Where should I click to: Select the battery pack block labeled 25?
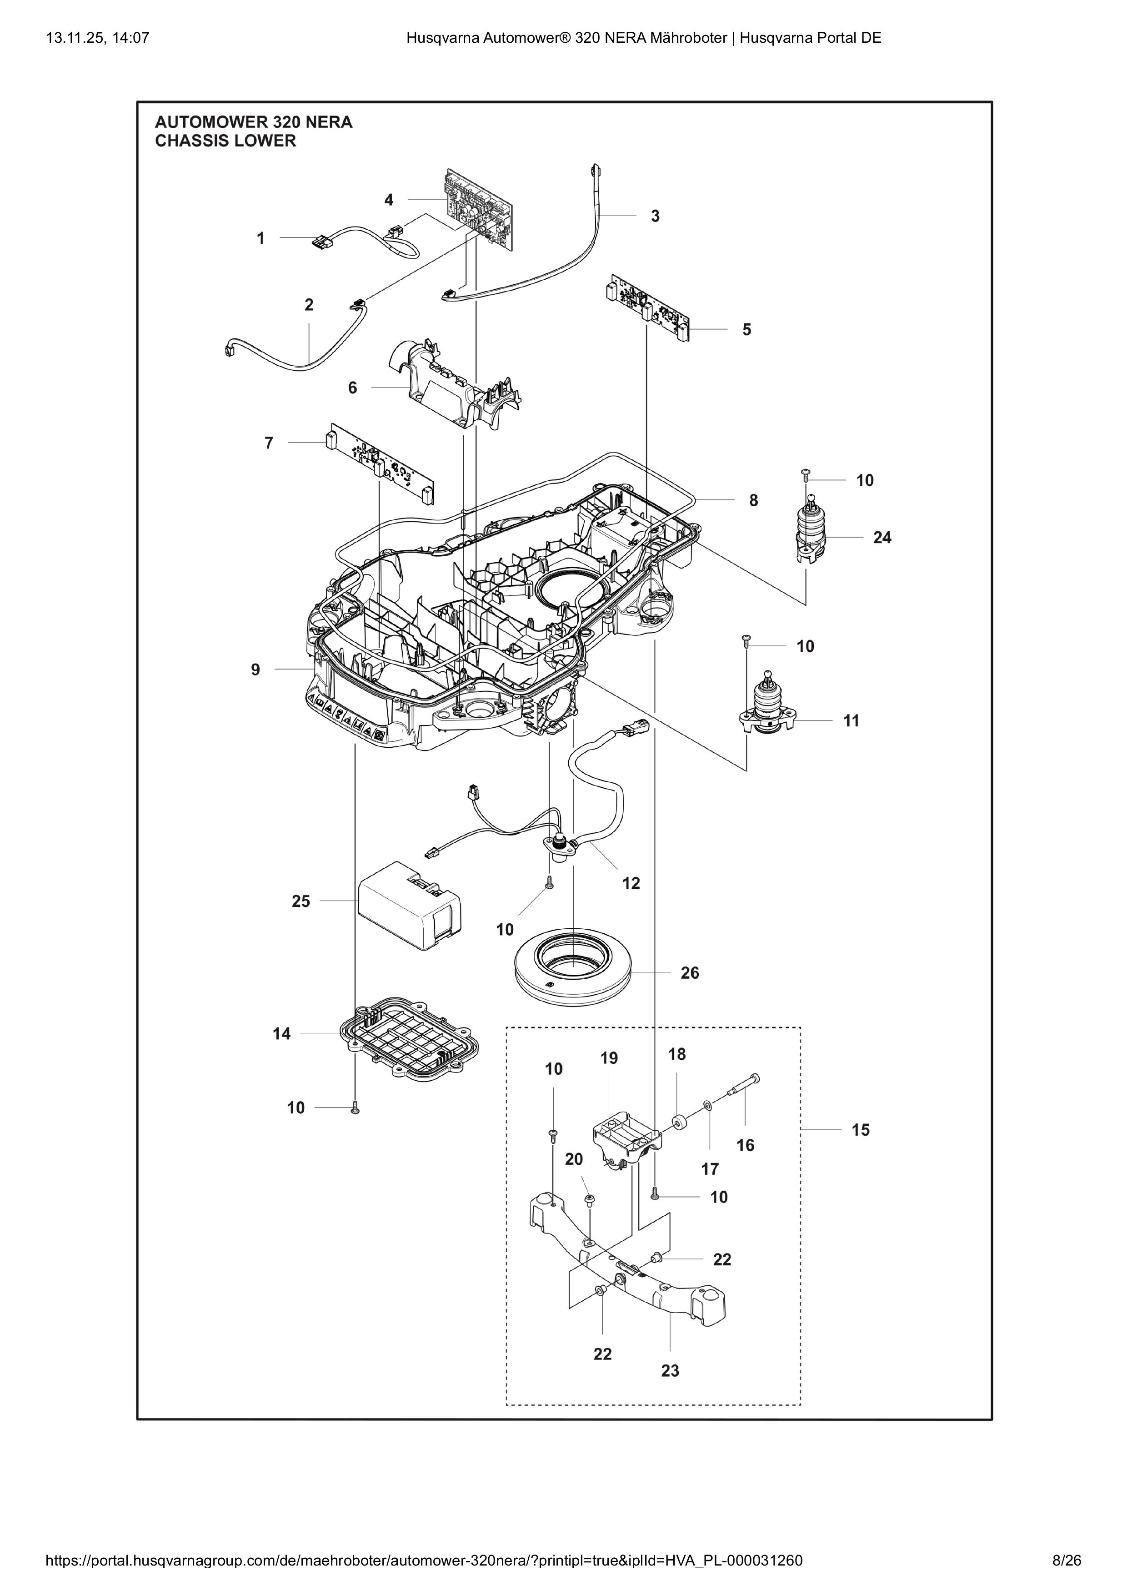(x=408, y=905)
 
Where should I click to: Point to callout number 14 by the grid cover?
(x=281, y=1034)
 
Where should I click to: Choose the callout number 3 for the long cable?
(x=655, y=216)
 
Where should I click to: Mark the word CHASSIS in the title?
(x=190, y=141)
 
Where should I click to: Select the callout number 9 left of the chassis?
(x=255, y=670)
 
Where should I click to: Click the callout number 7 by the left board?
(x=269, y=443)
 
